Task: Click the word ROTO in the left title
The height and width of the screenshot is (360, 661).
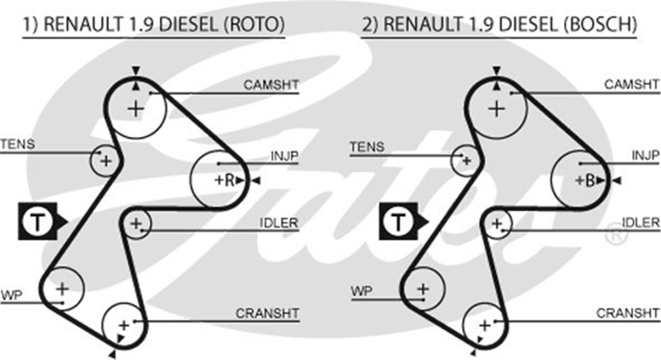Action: coord(254,24)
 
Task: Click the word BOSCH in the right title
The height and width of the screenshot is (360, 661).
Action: coord(600,24)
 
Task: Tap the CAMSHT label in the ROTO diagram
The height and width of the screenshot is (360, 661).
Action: coord(271,85)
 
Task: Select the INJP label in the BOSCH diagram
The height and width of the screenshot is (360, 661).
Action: coord(646,155)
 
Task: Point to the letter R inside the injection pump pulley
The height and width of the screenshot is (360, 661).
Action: coord(229,180)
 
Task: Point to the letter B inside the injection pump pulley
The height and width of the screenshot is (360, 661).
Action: coord(590,181)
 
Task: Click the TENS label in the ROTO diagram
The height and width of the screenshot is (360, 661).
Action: coord(18,144)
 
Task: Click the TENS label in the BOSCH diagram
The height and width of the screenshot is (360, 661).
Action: coord(367,146)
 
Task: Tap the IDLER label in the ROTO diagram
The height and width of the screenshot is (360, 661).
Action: coord(279,223)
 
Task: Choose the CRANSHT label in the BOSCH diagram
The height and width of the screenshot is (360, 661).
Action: coord(628,313)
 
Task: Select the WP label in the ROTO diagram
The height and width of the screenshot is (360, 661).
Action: coord(12,295)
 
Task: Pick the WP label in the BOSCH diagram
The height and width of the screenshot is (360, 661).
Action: coord(362,291)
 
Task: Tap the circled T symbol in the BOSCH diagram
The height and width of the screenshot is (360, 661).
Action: coord(398,221)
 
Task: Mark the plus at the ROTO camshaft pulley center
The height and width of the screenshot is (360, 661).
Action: coord(136,110)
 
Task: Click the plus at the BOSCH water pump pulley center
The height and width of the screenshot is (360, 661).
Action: coord(423,288)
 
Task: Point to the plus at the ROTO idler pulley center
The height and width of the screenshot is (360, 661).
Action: coord(136,223)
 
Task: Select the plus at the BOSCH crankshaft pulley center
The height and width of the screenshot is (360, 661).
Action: coord(485,326)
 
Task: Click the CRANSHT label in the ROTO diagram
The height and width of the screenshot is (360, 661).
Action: coord(267,313)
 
